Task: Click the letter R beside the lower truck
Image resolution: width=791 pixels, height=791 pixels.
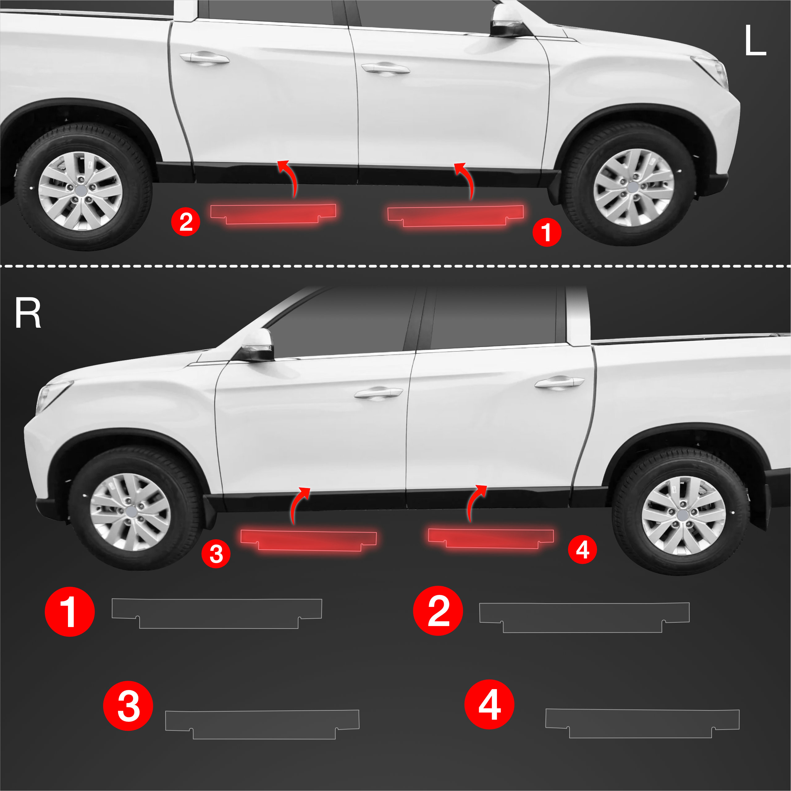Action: pos(28,313)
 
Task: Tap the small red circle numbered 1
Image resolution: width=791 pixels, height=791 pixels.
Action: pos(547,233)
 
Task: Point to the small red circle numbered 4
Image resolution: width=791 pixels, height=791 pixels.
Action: pos(582,549)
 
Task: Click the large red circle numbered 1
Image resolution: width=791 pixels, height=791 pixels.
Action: pos(69,612)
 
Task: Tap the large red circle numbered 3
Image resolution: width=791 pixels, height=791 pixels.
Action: pos(128,706)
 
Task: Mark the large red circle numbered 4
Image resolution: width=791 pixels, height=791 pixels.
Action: pos(489,704)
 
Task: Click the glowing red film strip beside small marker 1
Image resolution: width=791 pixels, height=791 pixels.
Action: pos(455,215)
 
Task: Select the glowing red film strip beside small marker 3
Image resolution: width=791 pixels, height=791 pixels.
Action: pos(308,540)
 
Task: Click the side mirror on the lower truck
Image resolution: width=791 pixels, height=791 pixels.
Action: pos(257,345)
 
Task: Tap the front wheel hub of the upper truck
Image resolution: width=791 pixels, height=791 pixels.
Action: pos(633,187)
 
